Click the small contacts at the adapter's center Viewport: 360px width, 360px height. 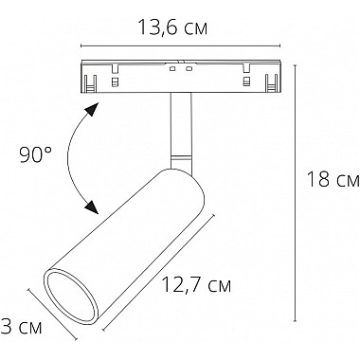click(x=180, y=72)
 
